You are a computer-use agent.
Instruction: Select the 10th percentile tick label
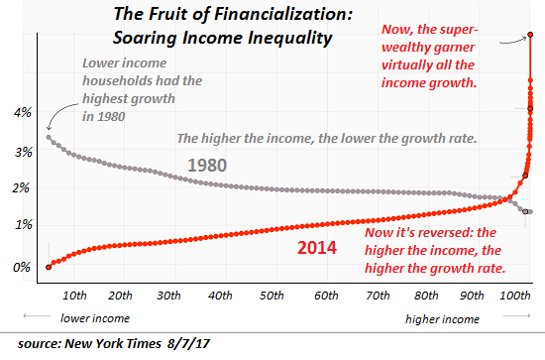pos(72,296)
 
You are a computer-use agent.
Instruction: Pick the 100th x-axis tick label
pos(513,296)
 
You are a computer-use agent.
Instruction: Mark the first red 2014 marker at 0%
pos(48,266)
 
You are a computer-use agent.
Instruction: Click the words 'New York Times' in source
pos(130,344)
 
